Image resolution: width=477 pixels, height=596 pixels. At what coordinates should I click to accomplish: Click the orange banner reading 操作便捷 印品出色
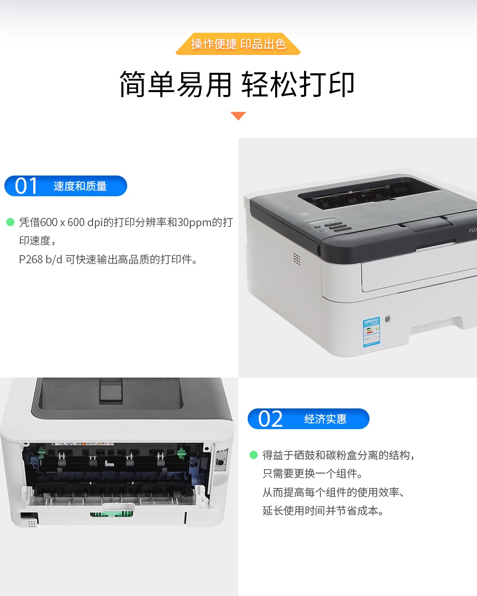238,44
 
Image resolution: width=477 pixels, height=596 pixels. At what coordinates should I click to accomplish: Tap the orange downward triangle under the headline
238,116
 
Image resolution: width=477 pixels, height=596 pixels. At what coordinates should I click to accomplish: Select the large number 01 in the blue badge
26,186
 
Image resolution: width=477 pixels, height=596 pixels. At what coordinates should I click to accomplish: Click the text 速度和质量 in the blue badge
80,186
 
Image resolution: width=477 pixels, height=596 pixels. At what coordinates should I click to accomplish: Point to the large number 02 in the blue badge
270,419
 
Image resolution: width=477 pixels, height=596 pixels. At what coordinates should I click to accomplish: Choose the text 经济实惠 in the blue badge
325,419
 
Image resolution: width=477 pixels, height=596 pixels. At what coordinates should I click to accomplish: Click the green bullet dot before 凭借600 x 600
10,222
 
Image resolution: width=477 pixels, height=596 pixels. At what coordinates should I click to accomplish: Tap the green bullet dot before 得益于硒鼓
253,455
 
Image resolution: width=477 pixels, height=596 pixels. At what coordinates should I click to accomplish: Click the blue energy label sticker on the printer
371,332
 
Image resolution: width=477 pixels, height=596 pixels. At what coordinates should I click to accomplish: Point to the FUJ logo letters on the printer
473,230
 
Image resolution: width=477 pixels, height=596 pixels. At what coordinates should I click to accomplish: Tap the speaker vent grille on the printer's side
297,259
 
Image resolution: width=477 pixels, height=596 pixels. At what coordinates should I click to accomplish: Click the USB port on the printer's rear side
221,463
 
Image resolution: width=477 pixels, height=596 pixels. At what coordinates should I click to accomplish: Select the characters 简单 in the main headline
147,84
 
